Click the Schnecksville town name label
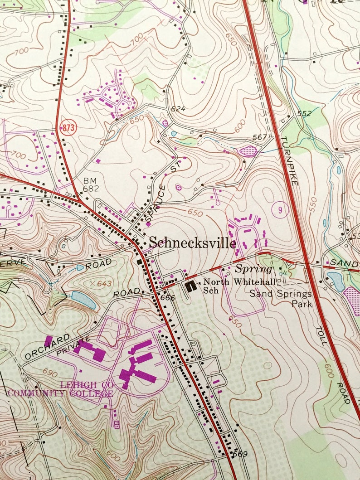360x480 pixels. coord(193,243)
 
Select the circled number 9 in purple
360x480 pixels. coord(280,210)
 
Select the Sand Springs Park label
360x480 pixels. coord(281,299)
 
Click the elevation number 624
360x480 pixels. coord(179,109)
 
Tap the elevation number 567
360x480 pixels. coord(260,137)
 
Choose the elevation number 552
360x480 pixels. coord(304,114)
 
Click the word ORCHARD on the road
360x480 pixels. coord(48,346)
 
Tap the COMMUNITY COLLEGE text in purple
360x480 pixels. coord(59,393)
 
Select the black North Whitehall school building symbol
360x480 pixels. coord(191,286)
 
